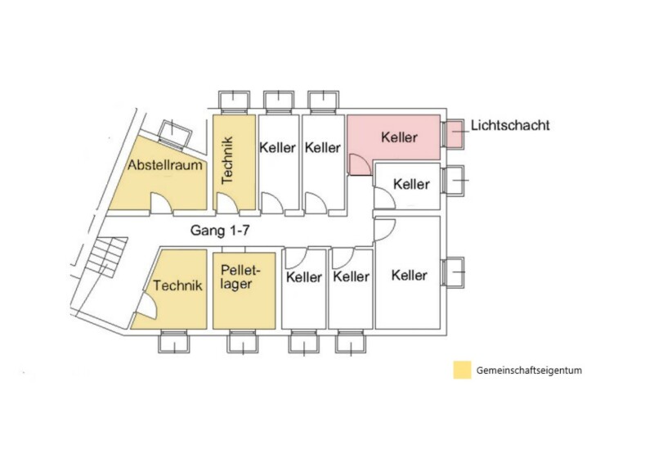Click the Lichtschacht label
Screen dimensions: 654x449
(510, 125)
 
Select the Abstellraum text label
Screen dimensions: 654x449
(165, 165)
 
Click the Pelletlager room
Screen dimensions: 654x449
(244, 290)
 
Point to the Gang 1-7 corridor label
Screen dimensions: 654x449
(220, 230)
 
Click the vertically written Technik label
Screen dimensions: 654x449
(227, 160)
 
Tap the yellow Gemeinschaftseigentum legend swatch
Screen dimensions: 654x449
(462, 370)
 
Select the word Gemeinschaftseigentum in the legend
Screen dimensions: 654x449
(529, 370)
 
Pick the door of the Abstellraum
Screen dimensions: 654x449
(161, 204)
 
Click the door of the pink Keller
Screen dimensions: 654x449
(360, 164)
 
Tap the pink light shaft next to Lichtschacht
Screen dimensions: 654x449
(453, 133)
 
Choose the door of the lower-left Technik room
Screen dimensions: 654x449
(147, 305)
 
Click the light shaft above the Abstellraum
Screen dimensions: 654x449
(176, 134)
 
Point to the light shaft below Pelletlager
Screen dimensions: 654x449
(243, 342)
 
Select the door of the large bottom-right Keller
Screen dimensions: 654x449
(384, 230)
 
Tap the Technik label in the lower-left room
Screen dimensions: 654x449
(177, 285)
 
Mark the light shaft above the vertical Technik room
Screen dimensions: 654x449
(234, 102)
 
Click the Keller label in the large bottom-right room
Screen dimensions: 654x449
(410, 276)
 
